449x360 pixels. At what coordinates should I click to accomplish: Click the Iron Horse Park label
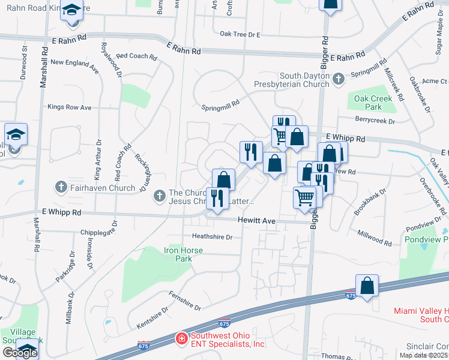184,254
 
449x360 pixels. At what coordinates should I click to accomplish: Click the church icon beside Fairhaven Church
61,187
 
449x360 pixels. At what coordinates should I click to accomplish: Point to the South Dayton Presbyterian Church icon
339,78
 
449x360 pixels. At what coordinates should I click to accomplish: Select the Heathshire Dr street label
212,236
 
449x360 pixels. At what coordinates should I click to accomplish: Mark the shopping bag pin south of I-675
367,286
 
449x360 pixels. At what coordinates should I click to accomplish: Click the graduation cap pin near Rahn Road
71,11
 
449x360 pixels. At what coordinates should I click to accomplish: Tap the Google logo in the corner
20,352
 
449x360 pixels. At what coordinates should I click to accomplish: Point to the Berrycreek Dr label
375,121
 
